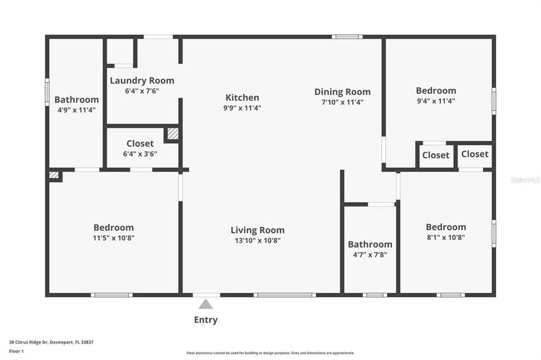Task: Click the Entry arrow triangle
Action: [206, 304]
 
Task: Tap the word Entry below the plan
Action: [206, 320]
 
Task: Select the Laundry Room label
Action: [142, 80]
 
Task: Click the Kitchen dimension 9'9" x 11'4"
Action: [243, 108]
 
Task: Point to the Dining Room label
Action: [342, 92]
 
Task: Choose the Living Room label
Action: [258, 230]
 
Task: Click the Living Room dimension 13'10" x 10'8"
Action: [258, 240]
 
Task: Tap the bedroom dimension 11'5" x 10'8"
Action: [113, 238]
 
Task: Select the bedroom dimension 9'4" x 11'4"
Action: [436, 101]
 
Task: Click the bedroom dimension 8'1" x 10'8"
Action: [446, 237]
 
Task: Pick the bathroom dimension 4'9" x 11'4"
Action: [76, 110]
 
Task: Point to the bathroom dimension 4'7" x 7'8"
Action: [370, 254]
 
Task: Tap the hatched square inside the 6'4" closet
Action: [173, 134]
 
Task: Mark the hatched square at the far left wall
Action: [54, 175]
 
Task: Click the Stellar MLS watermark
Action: [525, 179]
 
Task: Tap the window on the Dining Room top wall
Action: [347, 37]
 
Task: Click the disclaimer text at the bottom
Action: [270, 353]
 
